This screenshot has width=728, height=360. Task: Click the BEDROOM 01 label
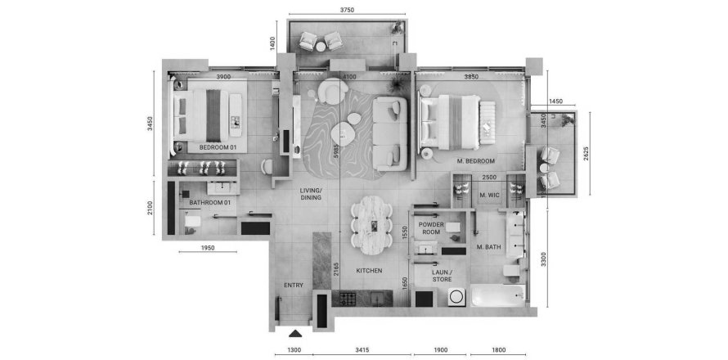pos(218,147)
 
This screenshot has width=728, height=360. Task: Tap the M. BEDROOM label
pos(476,160)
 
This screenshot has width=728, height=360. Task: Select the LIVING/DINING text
pos(311,193)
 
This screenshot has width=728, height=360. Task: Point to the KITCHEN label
pos(369,270)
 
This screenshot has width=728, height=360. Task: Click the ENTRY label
pos(293,285)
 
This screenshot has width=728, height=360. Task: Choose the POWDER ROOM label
pos(430,227)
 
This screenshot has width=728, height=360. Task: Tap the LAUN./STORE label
pos(442,276)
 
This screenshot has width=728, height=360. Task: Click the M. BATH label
pos(489,246)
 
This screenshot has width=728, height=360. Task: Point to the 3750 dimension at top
pos(347,11)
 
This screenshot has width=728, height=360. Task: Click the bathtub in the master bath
pos(492,295)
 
